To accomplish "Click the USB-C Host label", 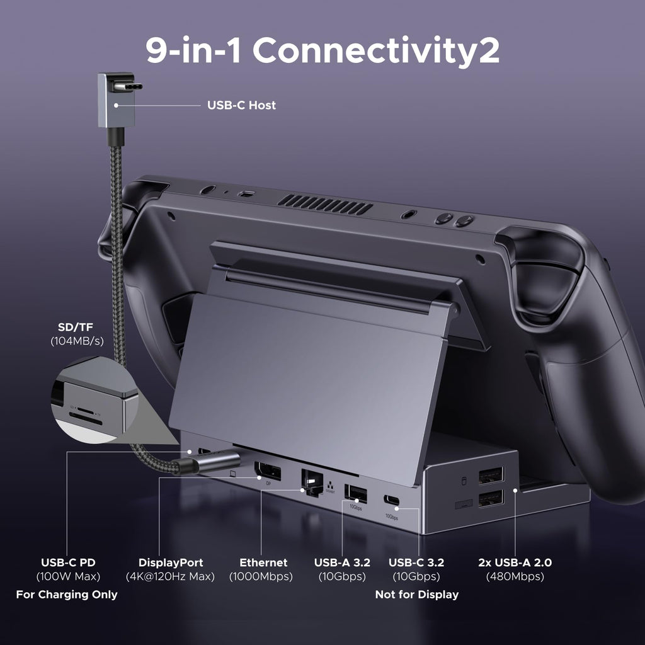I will coord(241,105).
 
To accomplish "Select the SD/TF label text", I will coord(76,328).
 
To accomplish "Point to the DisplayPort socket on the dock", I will coord(267,471).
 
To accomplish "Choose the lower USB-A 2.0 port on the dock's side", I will coord(490,499).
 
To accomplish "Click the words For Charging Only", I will coord(66,595).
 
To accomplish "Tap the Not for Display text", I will coord(416,595).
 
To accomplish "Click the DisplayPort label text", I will coord(171,562).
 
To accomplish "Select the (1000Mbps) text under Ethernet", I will coord(261,576).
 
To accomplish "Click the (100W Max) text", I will coord(68,576).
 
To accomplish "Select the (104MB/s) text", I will coord(76,341).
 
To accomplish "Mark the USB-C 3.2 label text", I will coord(416,562).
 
